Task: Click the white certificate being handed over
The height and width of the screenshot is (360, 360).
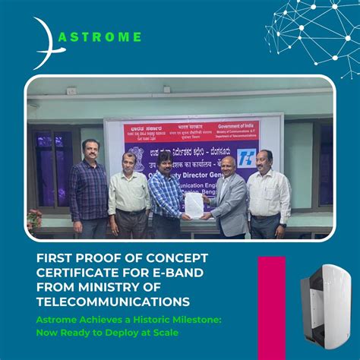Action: pyautogui.click(x=194, y=206)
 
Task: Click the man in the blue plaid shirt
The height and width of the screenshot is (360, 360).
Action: pyautogui.click(x=166, y=195)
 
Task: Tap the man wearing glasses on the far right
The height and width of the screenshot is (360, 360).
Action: pyautogui.click(x=268, y=194)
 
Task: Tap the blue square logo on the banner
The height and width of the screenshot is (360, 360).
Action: pyautogui.click(x=248, y=157)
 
